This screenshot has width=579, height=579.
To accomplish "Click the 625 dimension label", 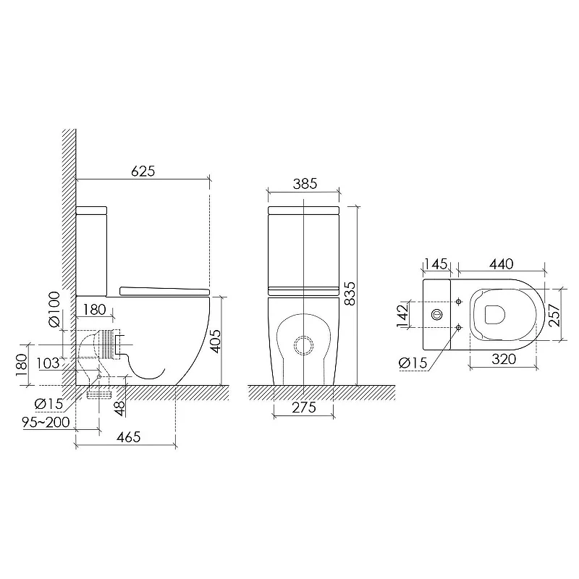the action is click(x=143, y=172).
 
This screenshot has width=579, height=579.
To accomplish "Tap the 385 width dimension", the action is click(x=305, y=184).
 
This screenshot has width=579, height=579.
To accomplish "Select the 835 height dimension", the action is click(x=350, y=294).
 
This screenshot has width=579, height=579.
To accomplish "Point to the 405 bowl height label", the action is click(x=216, y=341).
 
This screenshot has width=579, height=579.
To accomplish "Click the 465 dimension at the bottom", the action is click(x=129, y=437).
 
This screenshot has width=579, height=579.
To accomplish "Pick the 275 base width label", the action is click(x=304, y=407).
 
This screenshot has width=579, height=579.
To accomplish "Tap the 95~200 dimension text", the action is click(x=46, y=422).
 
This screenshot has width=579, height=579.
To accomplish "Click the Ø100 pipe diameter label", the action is click(x=54, y=309).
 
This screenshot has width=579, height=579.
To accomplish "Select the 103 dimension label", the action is click(x=48, y=363).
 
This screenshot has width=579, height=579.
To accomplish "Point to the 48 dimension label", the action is click(x=119, y=408).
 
